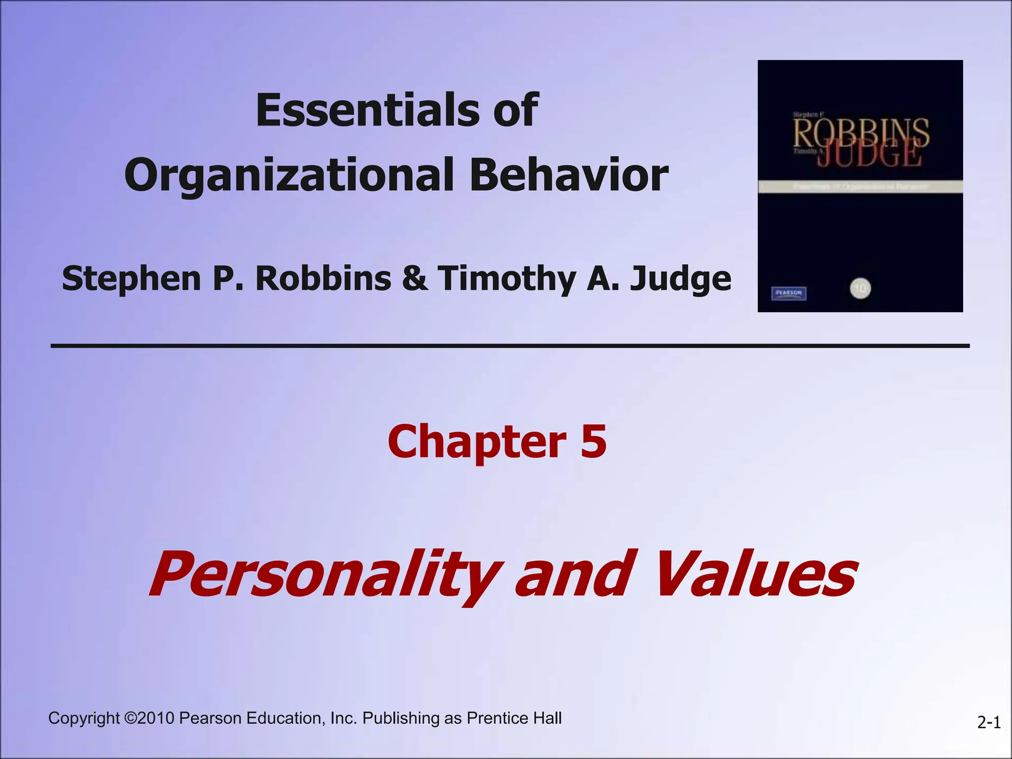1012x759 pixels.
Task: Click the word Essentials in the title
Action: [x=366, y=110]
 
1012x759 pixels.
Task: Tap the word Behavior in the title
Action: [x=568, y=174]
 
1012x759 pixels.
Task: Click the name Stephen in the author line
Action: [x=131, y=278]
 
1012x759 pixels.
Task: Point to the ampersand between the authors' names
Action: [x=415, y=278]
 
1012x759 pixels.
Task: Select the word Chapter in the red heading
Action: [x=477, y=441]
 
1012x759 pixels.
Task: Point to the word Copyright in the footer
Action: [x=84, y=718]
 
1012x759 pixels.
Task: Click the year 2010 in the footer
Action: [x=156, y=718]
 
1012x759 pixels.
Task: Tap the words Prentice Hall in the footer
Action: [x=514, y=718]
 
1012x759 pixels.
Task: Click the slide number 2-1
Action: [x=989, y=723]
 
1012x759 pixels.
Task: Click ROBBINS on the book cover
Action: [x=861, y=132]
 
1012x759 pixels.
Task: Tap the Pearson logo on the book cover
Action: [x=789, y=293]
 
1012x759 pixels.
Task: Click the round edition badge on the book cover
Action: [x=860, y=288]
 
